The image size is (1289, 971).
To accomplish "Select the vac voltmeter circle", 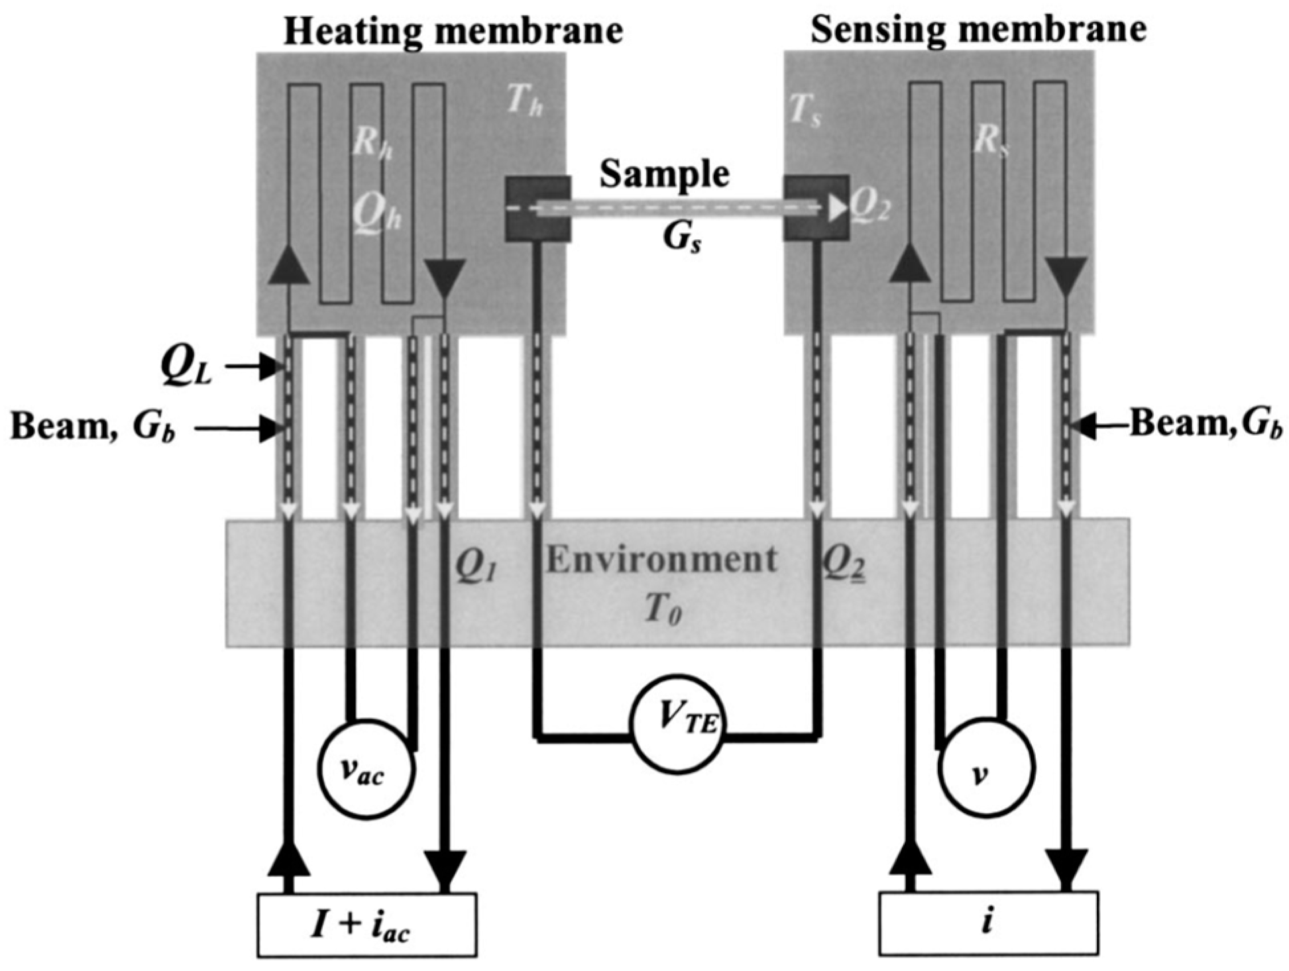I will (x=366, y=770).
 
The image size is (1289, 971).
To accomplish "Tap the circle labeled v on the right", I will (x=985, y=770).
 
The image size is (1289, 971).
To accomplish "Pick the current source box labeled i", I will (x=988, y=923).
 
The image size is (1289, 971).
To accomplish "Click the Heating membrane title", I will (x=453, y=31).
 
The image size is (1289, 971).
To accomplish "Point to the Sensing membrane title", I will (x=978, y=30).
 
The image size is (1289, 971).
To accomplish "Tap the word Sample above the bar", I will (x=664, y=174).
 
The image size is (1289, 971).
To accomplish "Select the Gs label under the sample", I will (x=683, y=238).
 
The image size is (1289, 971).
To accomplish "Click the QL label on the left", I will (x=186, y=366).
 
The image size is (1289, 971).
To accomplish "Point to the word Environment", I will (x=661, y=560).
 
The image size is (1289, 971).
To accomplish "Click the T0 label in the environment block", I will (x=663, y=609).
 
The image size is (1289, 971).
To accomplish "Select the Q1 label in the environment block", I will (x=475, y=567).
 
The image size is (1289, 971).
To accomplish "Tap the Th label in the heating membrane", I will (x=524, y=103).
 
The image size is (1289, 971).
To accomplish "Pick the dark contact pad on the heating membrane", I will (x=537, y=208).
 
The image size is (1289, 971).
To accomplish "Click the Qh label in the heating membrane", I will (x=376, y=214).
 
